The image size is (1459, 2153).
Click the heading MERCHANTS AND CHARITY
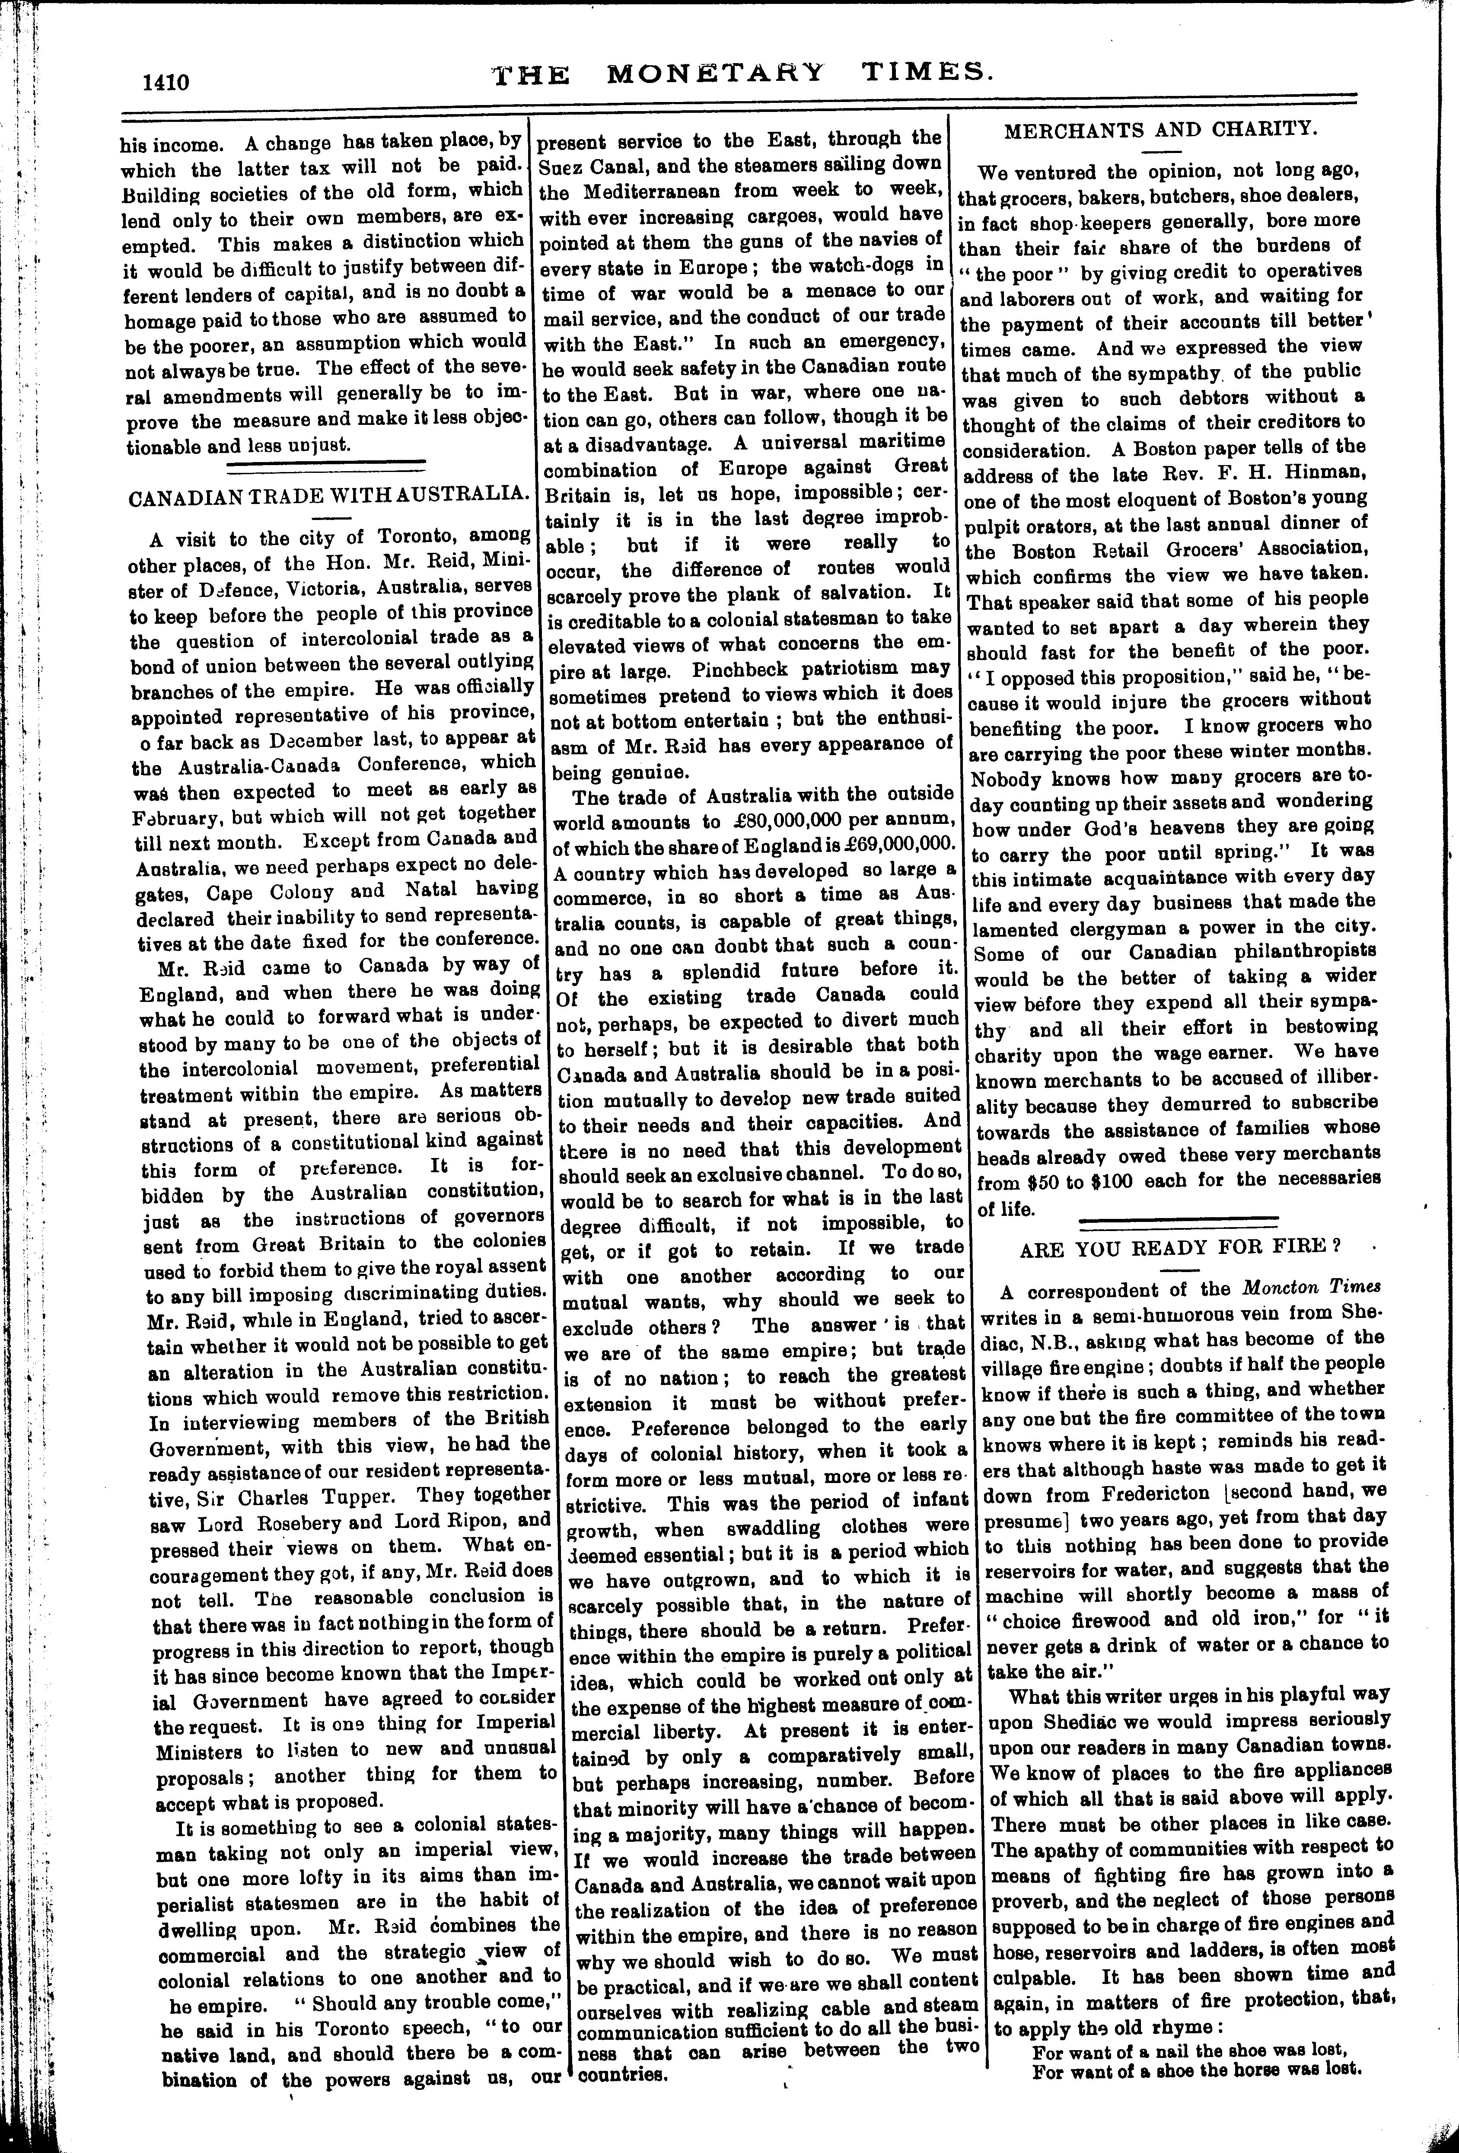click(x=1161, y=129)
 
